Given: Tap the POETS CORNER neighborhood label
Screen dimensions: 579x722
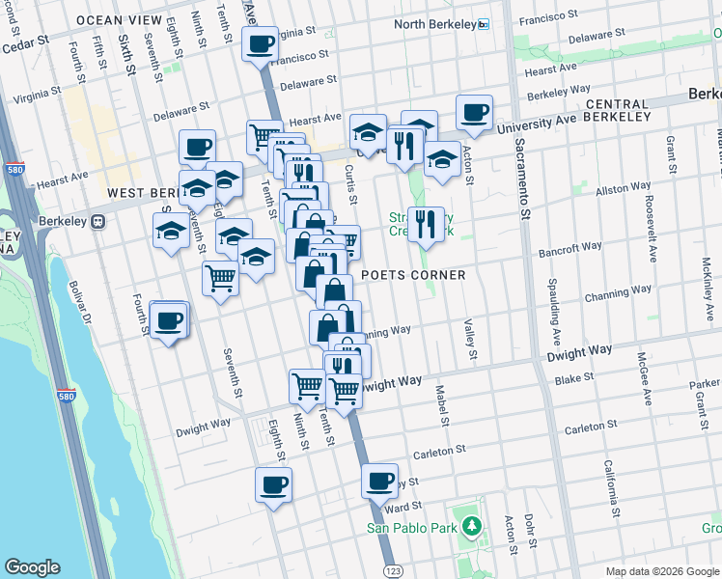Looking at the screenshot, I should click(413, 275).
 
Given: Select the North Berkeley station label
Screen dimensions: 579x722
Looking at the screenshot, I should click(435, 24).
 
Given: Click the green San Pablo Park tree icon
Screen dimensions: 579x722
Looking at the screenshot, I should click(471, 527).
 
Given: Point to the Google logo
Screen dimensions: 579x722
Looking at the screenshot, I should click(32, 567).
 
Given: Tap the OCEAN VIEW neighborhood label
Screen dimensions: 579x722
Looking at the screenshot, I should click(119, 20).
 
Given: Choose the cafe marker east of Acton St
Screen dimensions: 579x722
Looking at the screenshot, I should click(474, 113).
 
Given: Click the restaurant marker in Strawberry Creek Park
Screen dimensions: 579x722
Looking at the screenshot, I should click(426, 225).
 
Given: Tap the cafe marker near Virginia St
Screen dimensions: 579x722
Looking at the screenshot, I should click(259, 44).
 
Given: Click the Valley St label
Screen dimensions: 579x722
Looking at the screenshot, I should click(470, 341).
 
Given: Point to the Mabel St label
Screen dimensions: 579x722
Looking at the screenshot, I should click(442, 406).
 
